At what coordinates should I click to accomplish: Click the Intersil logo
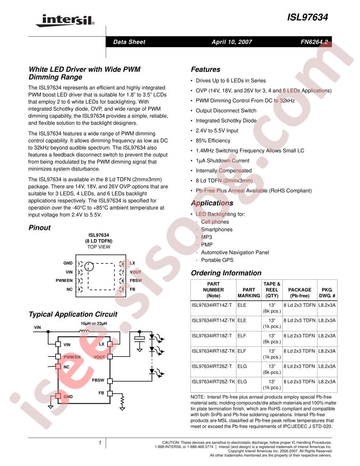pos(65,20)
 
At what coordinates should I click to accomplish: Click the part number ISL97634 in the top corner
pos(307,17)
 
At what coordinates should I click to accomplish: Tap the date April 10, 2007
pos(232,42)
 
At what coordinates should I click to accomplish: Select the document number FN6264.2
pos(314,42)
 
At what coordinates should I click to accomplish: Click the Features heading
pos(206,69)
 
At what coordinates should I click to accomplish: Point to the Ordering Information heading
pos(226,273)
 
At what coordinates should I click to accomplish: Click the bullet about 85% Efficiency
pos(213,141)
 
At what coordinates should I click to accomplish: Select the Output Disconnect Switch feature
pos(226,111)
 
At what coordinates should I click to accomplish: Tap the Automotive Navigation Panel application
pos(235,252)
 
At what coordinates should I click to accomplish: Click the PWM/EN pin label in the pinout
pos(64,281)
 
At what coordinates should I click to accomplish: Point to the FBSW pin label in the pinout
pos(136,281)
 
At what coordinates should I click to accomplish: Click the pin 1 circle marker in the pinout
pos(89,267)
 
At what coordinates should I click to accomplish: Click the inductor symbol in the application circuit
pos(84,331)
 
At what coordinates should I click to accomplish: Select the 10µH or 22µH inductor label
pos(94,323)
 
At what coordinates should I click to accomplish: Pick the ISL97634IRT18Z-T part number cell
pos(212,336)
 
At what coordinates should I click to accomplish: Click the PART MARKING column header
pos(249,293)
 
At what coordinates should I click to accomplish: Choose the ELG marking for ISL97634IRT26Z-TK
pos(242,382)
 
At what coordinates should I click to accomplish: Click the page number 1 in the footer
pos(100,443)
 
